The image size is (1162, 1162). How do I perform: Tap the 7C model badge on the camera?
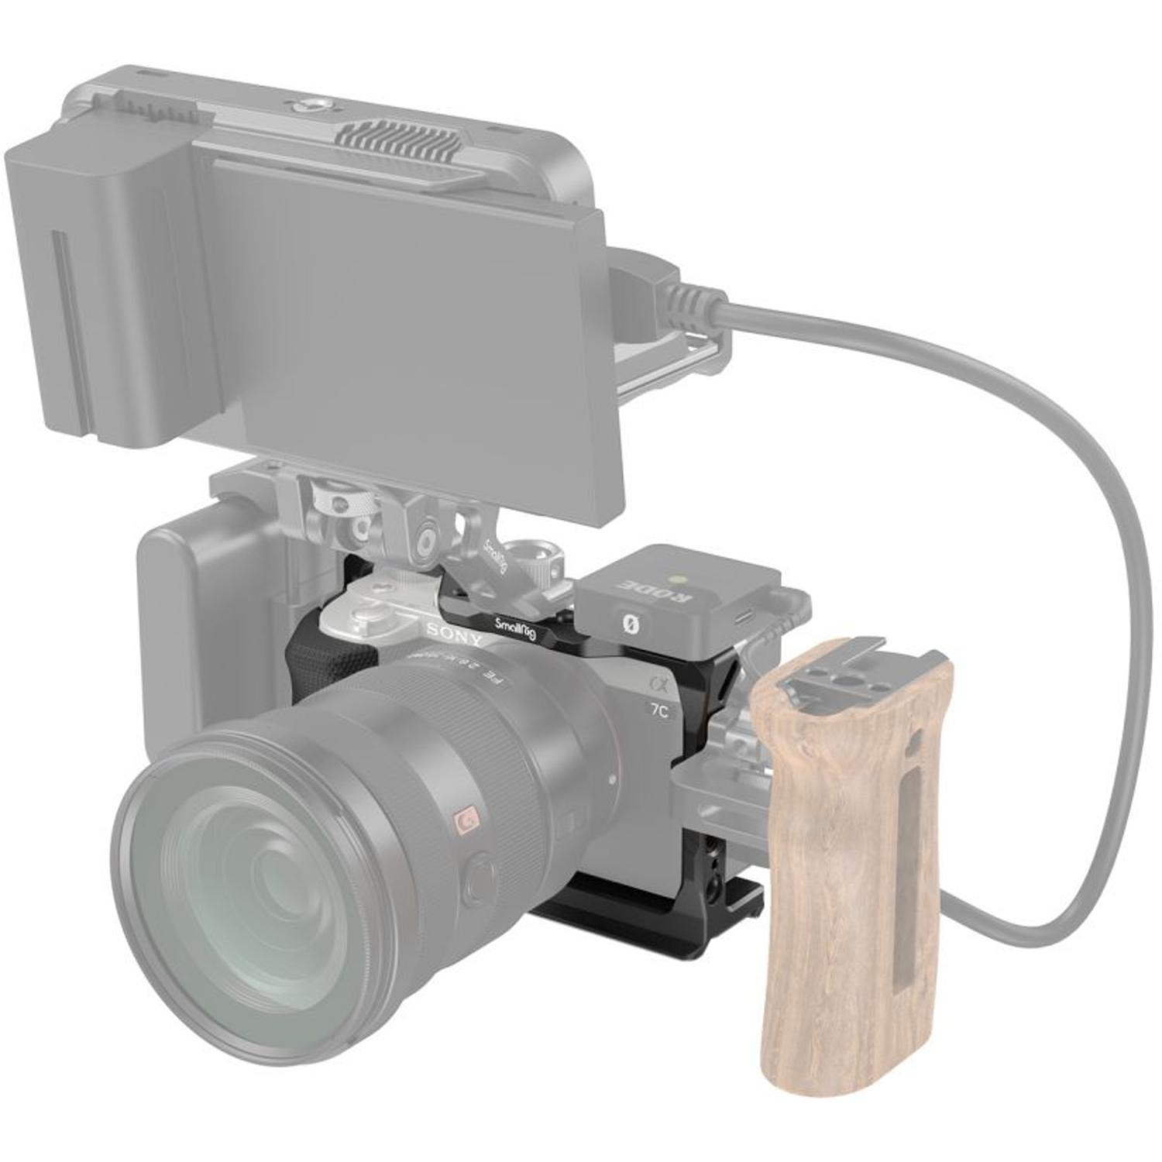658,712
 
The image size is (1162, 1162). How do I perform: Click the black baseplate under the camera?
620,922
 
